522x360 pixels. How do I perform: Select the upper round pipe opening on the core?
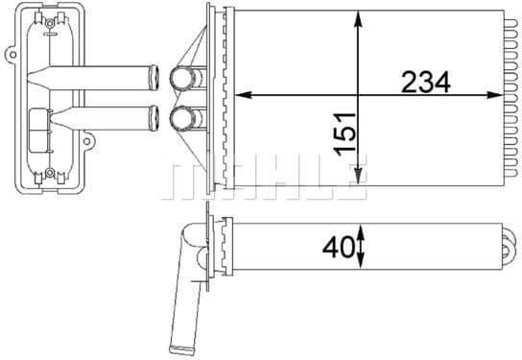tap(181, 77)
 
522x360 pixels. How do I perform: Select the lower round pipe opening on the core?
tap(181, 119)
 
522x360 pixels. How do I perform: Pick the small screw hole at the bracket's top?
tap(48, 20)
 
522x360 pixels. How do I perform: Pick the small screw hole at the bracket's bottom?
tap(48, 174)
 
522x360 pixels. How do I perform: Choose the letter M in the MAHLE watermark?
tap(183, 181)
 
